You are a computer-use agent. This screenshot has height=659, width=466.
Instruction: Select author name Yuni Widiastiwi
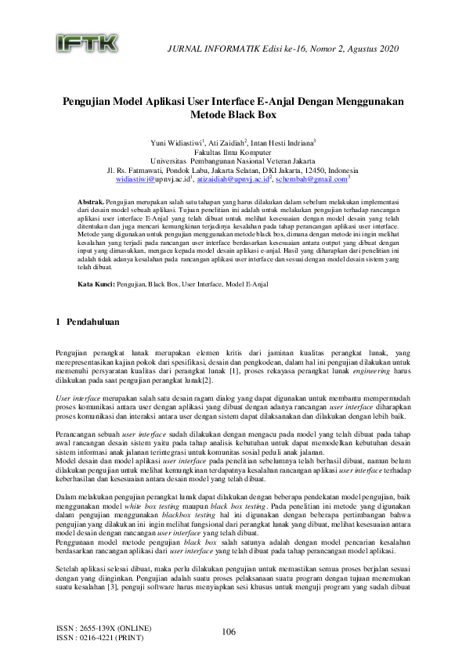(x=175, y=143)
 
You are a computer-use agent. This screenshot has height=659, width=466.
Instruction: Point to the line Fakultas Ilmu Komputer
(x=233, y=153)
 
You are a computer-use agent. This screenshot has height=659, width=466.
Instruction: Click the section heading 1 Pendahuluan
(x=87, y=322)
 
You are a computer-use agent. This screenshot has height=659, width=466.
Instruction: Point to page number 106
(x=229, y=632)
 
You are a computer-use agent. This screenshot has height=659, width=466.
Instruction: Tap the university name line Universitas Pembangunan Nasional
(x=233, y=161)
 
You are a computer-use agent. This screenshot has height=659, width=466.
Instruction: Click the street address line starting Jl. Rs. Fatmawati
(x=233, y=171)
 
